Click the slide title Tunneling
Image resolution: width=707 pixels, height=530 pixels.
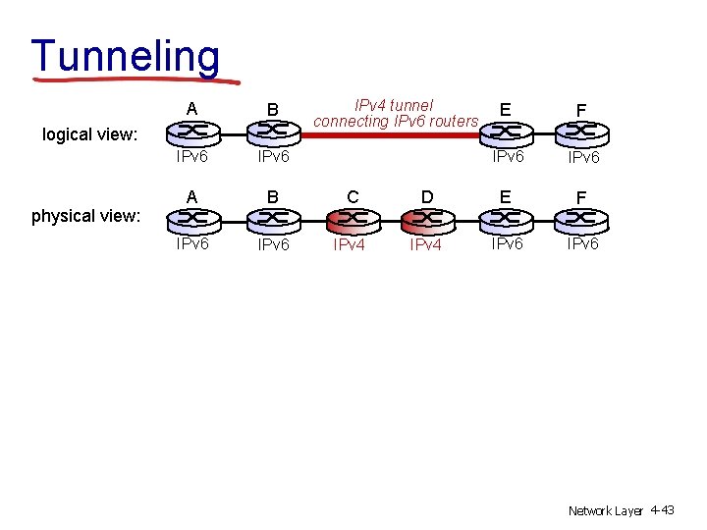pyautogui.click(x=126, y=56)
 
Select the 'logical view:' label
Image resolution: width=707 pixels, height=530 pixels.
pyautogui.click(x=88, y=134)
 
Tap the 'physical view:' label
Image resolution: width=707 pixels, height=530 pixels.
pyautogui.click(x=85, y=216)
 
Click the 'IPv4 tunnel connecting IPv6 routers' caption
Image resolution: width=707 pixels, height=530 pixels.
pyautogui.click(x=395, y=113)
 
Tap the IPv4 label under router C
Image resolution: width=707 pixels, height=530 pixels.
pyautogui.click(x=350, y=245)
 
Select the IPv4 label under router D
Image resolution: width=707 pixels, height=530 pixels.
pyautogui.click(x=426, y=245)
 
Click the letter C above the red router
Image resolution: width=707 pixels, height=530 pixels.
pyautogui.click(x=351, y=197)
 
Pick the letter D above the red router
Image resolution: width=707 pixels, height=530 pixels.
pyautogui.click(x=427, y=197)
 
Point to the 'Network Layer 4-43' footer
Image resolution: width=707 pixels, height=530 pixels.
pyautogui.click(x=621, y=510)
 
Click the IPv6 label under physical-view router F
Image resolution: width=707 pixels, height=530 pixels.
pyautogui.click(x=581, y=243)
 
